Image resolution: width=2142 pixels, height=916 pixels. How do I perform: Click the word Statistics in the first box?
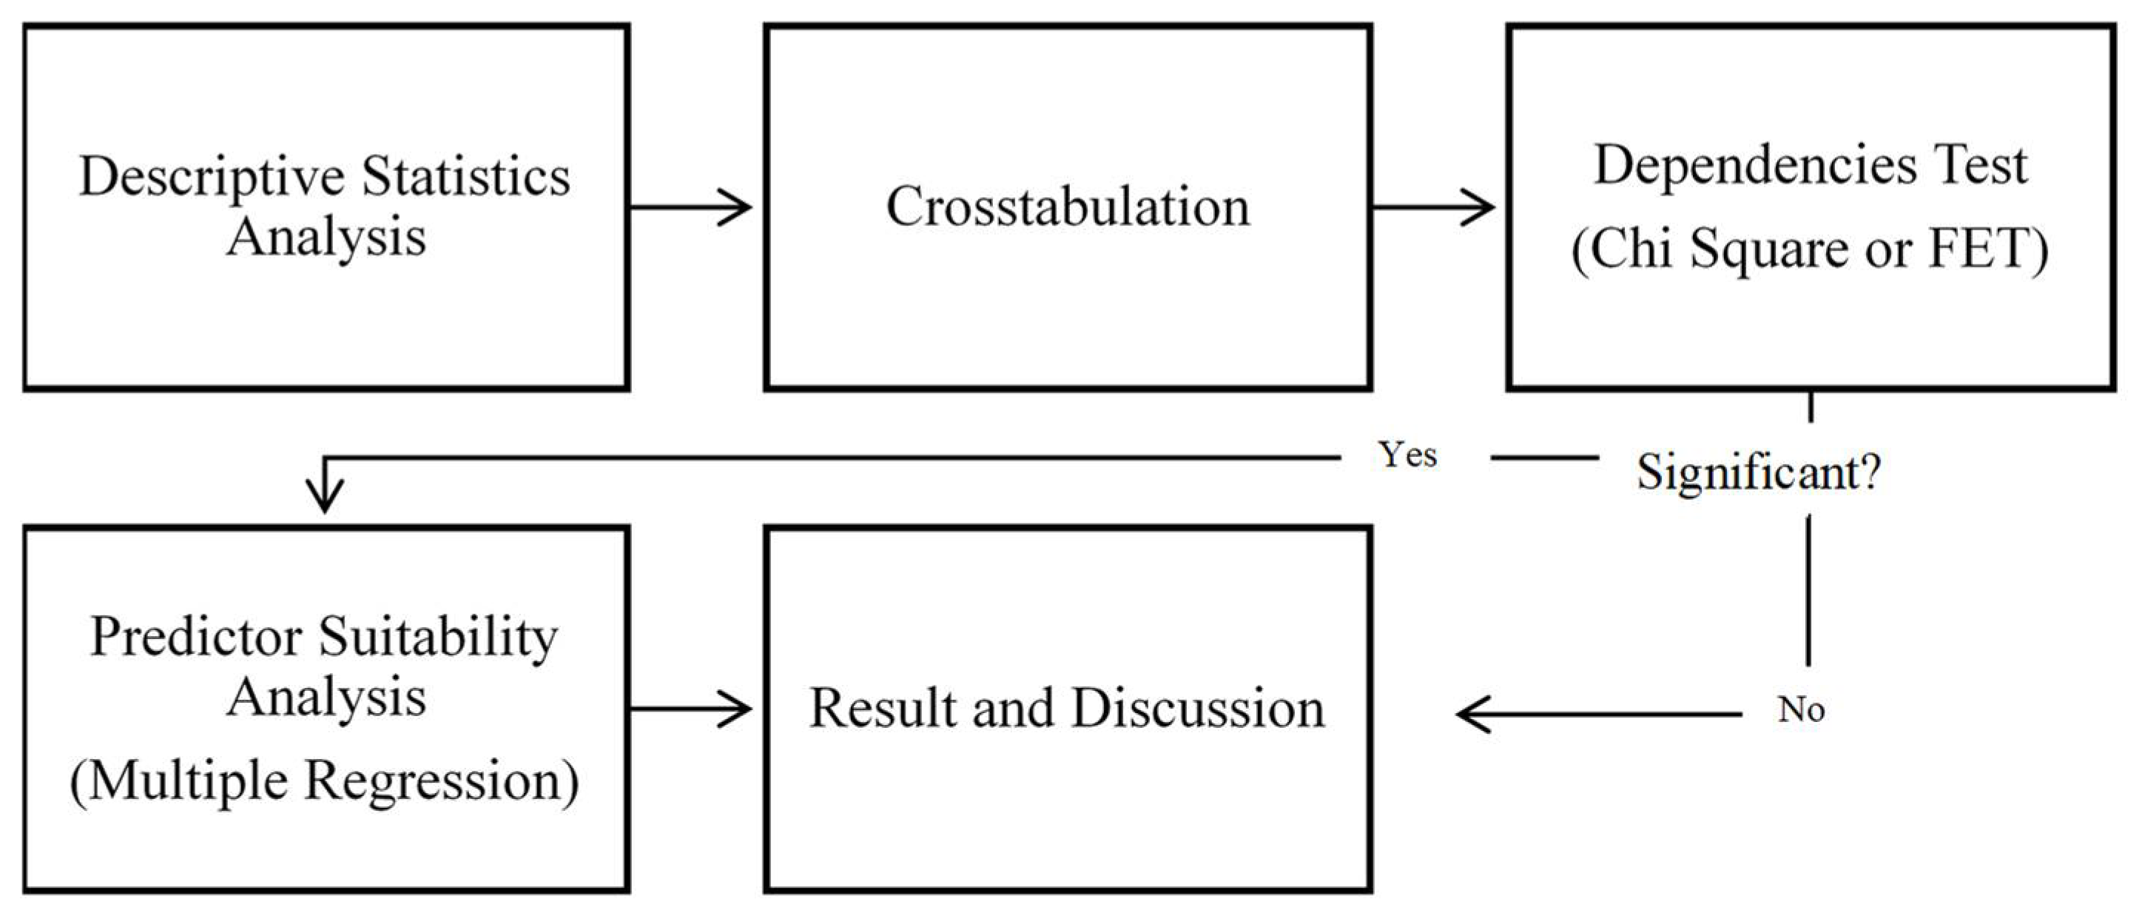point(466,176)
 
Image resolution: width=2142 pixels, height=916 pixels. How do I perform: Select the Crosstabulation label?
point(1068,207)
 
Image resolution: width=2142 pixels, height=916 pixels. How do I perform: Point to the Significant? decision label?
point(1759,472)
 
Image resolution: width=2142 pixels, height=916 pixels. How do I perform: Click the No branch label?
point(1801,709)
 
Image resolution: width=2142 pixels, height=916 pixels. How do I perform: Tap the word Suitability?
point(438,638)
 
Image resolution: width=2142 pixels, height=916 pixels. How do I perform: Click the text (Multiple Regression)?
point(324,781)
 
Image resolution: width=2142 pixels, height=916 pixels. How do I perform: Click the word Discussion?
point(1198,709)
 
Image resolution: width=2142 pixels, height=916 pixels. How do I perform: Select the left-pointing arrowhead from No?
point(1476,714)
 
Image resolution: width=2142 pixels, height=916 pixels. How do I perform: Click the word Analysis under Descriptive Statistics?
point(326,238)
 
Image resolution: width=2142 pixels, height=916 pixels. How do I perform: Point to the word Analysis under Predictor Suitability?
point(326,698)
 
